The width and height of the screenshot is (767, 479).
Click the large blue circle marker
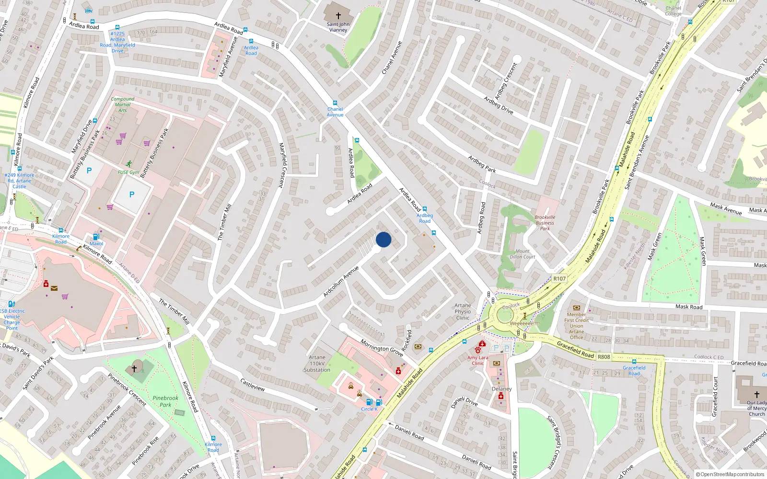coord(383,239)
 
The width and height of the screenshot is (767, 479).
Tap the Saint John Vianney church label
coord(338,27)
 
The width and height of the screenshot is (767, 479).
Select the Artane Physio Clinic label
coord(463,311)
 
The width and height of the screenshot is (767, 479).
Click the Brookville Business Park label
coord(545,223)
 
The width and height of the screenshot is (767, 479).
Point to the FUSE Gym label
coord(128,172)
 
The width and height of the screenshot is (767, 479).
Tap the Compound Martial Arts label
coord(123,104)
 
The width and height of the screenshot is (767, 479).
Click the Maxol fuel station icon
coord(96,237)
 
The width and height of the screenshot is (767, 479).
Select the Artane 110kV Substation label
coord(317,364)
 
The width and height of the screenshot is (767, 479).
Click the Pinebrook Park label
coord(165,401)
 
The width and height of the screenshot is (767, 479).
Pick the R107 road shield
coord(559,278)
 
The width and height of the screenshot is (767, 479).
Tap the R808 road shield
coord(604,357)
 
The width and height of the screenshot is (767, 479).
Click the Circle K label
coord(369,409)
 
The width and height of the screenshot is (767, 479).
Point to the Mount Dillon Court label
coord(523,254)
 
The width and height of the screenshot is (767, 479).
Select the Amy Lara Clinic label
coord(478,360)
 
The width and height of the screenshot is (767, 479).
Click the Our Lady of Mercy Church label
coord(757,408)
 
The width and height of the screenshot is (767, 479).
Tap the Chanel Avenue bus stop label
coord(335,112)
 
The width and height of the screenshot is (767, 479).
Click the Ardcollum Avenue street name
coord(341,282)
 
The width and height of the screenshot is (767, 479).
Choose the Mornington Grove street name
coord(382,348)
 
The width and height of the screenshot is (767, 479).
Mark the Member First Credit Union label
coord(576,326)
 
